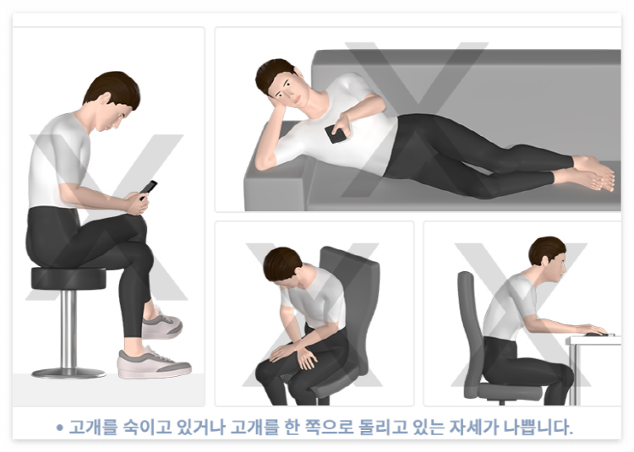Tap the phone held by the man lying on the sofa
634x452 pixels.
coord(336,133)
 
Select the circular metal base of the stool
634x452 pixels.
coord(68,372)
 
